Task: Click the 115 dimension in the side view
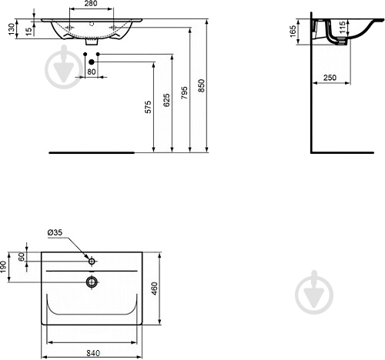pyautogui.click(x=343, y=35)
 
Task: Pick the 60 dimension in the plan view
pyautogui.click(x=22, y=257)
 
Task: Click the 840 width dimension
pyautogui.click(x=92, y=352)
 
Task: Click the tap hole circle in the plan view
pyautogui.click(x=92, y=262)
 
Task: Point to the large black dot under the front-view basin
pyautogui.click(x=92, y=61)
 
